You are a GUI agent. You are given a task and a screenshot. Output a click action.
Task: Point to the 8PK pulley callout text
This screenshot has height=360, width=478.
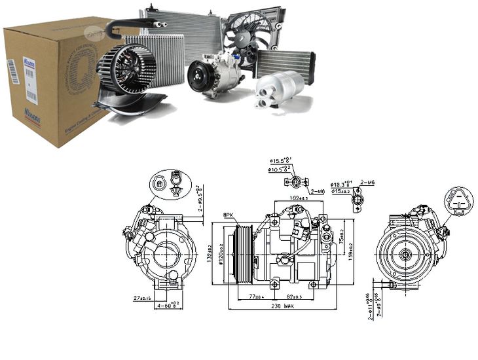[228, 214]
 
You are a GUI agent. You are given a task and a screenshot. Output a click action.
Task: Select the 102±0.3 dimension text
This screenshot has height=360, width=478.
[300, 198]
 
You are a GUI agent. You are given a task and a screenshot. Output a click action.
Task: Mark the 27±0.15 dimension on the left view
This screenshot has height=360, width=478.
[143, 297]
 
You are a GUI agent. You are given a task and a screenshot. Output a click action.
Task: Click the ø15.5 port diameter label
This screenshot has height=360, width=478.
[282, 160]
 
